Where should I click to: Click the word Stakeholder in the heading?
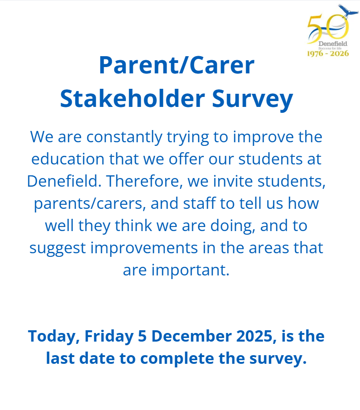tap(132, 98)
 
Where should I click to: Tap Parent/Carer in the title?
tap(177, 65)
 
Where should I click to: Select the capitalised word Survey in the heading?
tap(252, 100)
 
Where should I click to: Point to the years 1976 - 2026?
tap(328, 53)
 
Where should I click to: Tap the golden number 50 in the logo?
tap(328, 29)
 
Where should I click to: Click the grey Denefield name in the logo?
tap(333, 43)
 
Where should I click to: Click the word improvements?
tap(144, 248)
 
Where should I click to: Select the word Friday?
tap(109, 337)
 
